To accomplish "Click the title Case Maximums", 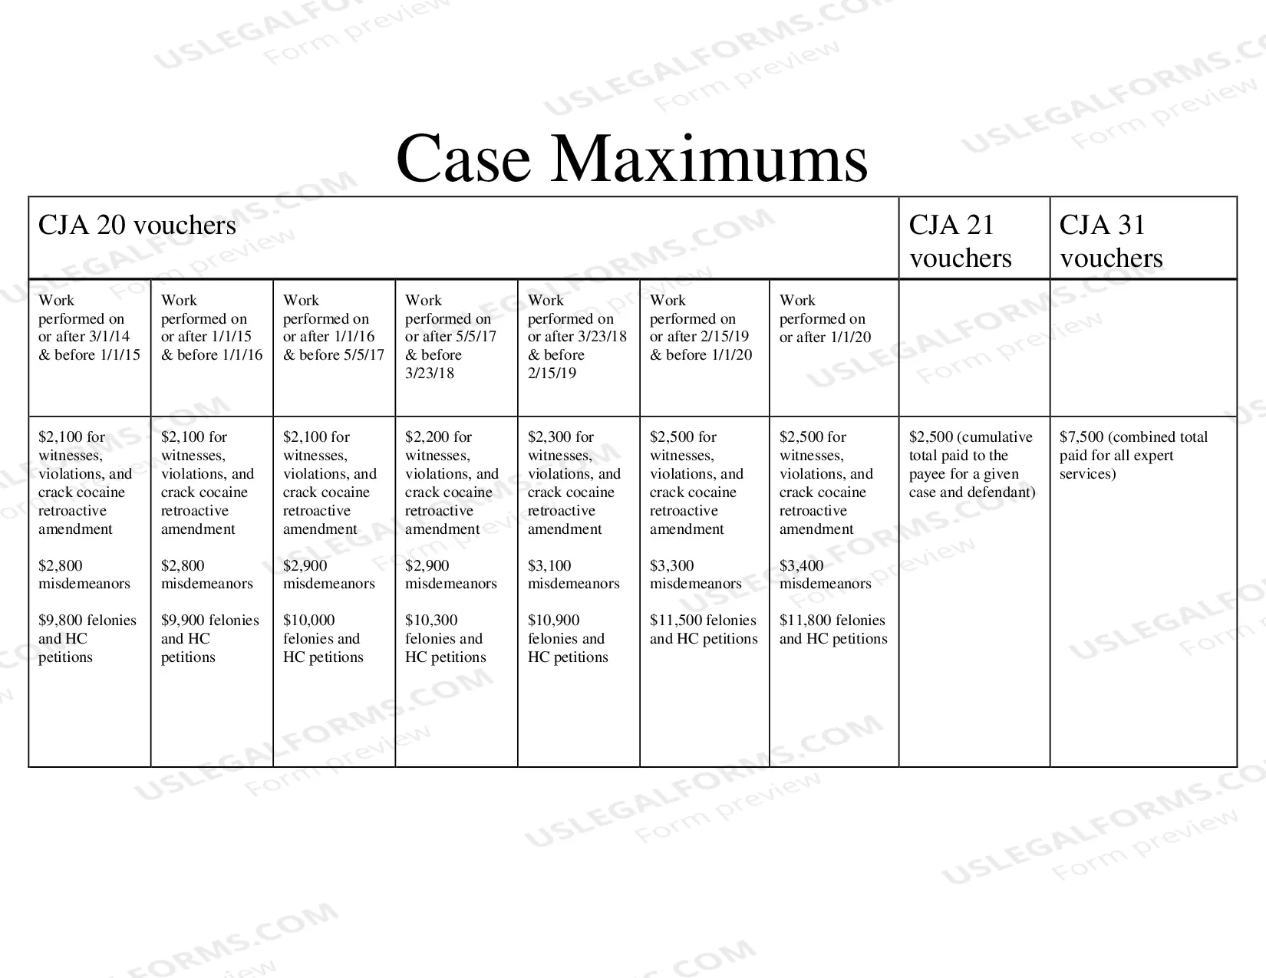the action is [631, 159].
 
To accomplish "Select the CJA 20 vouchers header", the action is [137, 226].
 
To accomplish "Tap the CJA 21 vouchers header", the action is [960, 241].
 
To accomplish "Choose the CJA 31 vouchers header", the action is [1111, 241].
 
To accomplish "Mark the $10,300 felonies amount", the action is [431, 621].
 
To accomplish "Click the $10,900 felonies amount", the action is [553, 621].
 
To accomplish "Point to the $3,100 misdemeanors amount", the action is [549, 565].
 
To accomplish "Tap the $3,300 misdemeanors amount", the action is [671, 565].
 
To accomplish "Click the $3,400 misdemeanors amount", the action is [802, 565].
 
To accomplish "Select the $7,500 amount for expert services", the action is [1081, 437].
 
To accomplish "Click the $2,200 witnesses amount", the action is [427, 437].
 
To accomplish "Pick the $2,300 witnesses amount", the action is [549, 437].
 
